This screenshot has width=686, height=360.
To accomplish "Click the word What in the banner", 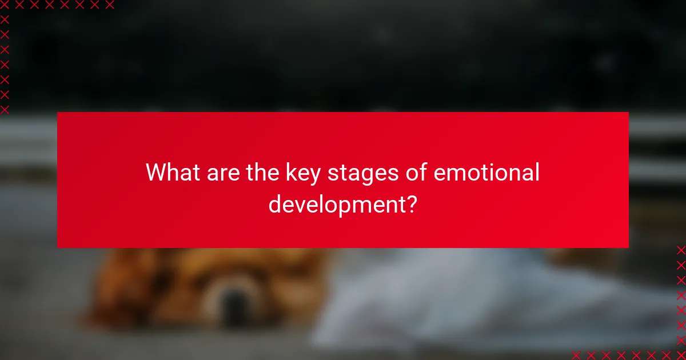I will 170,173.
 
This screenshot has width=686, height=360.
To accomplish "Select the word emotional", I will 486,173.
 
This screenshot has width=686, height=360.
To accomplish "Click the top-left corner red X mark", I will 5,5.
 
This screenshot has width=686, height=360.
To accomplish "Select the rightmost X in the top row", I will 109,5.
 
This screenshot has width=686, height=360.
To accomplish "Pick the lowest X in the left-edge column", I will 5,109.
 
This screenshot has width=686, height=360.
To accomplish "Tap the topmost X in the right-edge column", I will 681,250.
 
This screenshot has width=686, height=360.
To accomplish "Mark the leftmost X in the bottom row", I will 576,355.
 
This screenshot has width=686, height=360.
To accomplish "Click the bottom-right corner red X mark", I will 681,355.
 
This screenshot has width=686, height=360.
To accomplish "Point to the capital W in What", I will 156,173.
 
